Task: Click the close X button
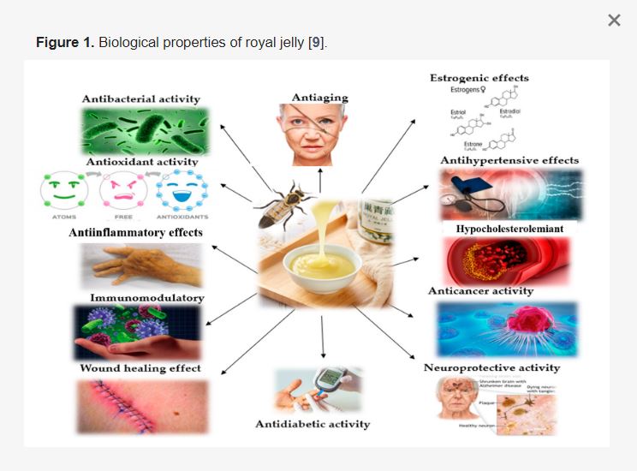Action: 614,21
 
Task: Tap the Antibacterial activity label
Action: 141,98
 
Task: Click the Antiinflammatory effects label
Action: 136,232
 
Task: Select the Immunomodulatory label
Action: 146,298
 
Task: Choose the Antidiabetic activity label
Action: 313,424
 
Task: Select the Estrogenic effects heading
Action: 479,79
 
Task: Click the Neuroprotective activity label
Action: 491,368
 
